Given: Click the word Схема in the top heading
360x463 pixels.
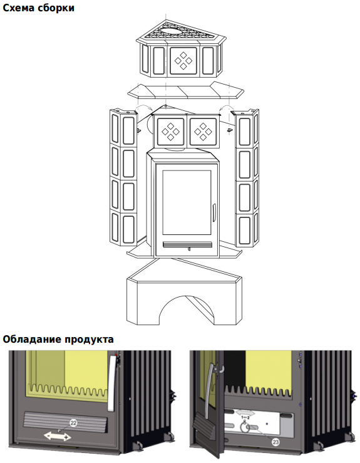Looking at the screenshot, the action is pyautogui.click(x=18, y=8).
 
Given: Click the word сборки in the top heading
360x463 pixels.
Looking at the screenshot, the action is pyautogui.click(x=56, y=8).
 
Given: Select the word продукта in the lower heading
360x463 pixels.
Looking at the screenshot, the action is pyautogui.click(x=89, y=340).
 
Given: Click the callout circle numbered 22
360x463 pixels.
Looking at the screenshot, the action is pyautogui.click(x=73, y=423).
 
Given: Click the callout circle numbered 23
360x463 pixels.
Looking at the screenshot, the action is pyautogui.click(x=275, y=442).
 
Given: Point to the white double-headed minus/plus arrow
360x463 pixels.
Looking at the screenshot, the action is pyautogui.click(x=57, y=437).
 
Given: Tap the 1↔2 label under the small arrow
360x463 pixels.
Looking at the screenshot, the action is pyautogui.click(x=245, y=417).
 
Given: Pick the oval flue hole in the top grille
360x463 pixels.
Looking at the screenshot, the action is pyautogui.click(x=170, y=31).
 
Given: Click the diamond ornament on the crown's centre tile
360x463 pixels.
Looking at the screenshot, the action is pyautogui.click(x=183, y=61).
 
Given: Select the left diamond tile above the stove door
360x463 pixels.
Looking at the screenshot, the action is pyautogui.click(x=170, y=132).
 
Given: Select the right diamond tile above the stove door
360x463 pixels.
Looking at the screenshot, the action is pyautogui.click(x=203, y=132).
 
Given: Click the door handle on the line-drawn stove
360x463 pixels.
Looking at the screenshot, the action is pyautogui.click(x=213, y=212).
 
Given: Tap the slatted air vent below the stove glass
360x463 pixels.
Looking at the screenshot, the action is pyautogui.click(x=187, y=245).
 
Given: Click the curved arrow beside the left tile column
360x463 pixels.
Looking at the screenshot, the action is pyautogui.click(x=145, y=108).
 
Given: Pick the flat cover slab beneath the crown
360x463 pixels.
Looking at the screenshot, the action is pyautogui.click(x=186, y=91).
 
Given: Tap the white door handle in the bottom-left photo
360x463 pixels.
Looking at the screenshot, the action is pyautogui.click(x=112, y=383).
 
